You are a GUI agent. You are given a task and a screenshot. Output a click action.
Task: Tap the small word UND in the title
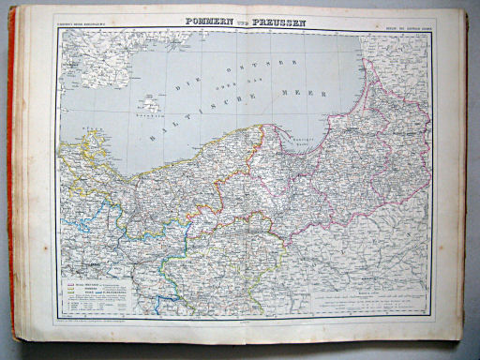[255, 20]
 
